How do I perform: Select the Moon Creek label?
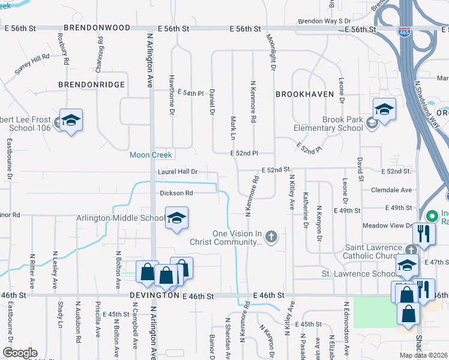click(151, 155)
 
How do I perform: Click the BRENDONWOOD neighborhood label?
click(97, 28)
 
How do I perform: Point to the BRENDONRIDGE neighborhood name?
click(91, 85)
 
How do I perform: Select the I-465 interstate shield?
click(405, 31)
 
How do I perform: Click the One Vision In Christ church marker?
click(271, 236)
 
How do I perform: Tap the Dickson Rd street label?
click(176, 193)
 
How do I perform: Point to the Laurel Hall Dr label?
click(178, 172)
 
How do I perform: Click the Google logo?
click(19, 352)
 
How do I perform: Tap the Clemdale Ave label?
click(391, 190)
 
